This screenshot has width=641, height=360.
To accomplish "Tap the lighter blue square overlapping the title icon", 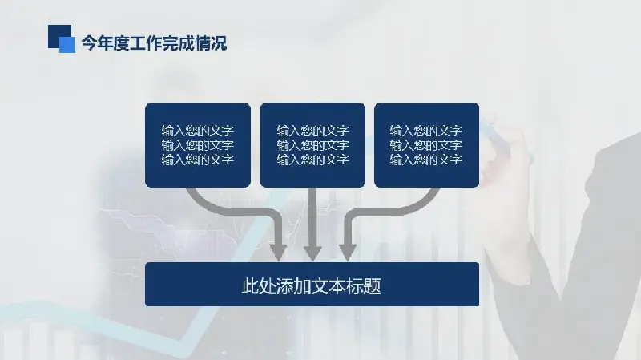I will tap(68, 45).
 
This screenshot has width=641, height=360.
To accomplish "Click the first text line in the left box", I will tap(197, 131).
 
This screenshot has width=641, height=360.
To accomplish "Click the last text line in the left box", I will tap(197, 160).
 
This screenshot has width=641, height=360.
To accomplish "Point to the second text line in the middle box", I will tap(312, 145).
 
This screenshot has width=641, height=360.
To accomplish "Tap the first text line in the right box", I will tap(426, 131).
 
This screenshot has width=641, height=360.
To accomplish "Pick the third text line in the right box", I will tap(426, 160).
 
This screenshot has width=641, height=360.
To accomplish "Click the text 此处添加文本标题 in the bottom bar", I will tap(311, 285).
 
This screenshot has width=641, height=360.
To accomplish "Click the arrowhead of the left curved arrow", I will tap(278, 250).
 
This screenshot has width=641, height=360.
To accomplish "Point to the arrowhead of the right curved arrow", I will tap(347, 250).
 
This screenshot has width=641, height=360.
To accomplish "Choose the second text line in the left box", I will tap(197, 145).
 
